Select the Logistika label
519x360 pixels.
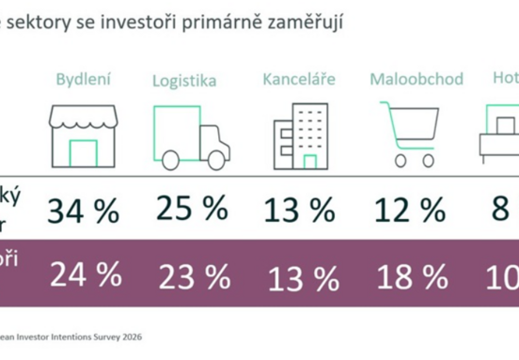click(184, 80)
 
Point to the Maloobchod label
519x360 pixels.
click(417, 78)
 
